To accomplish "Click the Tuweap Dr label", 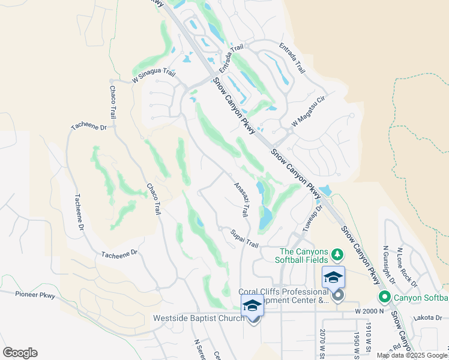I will pos(312,219).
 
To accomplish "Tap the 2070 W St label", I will pos(324,341).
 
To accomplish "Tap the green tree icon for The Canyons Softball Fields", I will pos(337,255).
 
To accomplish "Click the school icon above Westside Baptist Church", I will pos(252,305).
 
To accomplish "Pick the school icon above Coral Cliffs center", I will pos(333,277).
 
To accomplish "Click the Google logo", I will pos(20,353).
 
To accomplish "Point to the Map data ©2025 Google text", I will pos(412,355).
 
